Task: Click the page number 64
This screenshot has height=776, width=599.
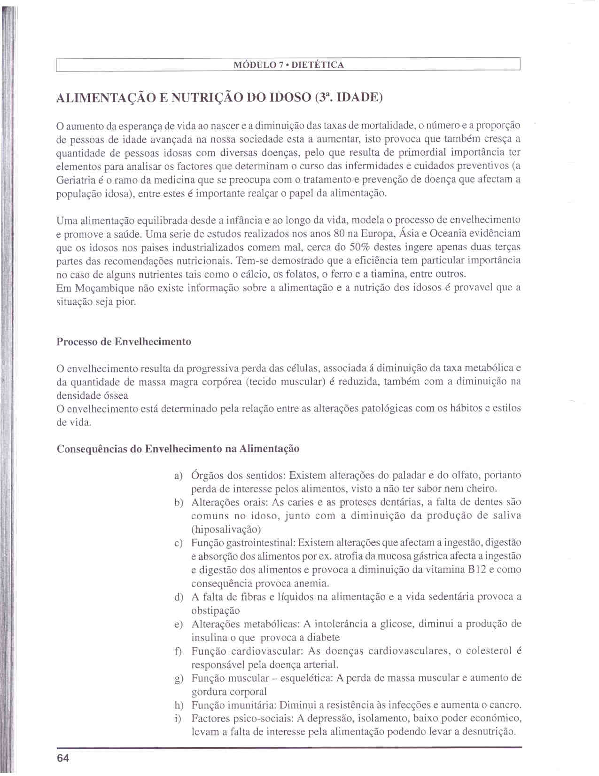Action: click(63, 759)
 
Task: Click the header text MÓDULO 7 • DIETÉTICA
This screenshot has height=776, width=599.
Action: click(288, 65)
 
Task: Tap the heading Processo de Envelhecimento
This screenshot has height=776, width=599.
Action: click(124, 342)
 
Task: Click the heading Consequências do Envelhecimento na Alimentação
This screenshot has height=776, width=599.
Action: click(178, 449)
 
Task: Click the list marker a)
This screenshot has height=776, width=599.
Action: click(178, 476)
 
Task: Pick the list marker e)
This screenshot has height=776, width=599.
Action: click(178, 625)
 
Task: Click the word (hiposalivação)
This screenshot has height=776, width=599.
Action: click(226, 529)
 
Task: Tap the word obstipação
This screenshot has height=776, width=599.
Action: click(216, 611)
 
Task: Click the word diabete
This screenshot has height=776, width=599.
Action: click(324, 638)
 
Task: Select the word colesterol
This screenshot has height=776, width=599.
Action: click(489, 651)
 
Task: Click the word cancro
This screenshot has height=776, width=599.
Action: click(505, 705)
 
